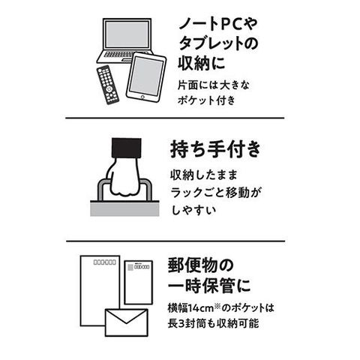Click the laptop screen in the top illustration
[127, 34]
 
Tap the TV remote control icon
[108, 85]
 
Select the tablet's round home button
[142, 97]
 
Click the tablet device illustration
[146, 77]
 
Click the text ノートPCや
[218, 24]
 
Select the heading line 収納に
[202, 62]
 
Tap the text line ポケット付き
[206, 100]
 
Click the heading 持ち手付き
[215, 149]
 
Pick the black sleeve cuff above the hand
[127, 148]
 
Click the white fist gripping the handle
[124, 178]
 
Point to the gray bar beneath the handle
[124, 208]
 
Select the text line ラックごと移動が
[215, 193]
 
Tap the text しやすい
[193, 210]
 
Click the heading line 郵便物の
[201, 265]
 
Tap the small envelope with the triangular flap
[127, 322]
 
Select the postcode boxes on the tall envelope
[105, 262]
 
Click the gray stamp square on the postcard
[130, 267]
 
